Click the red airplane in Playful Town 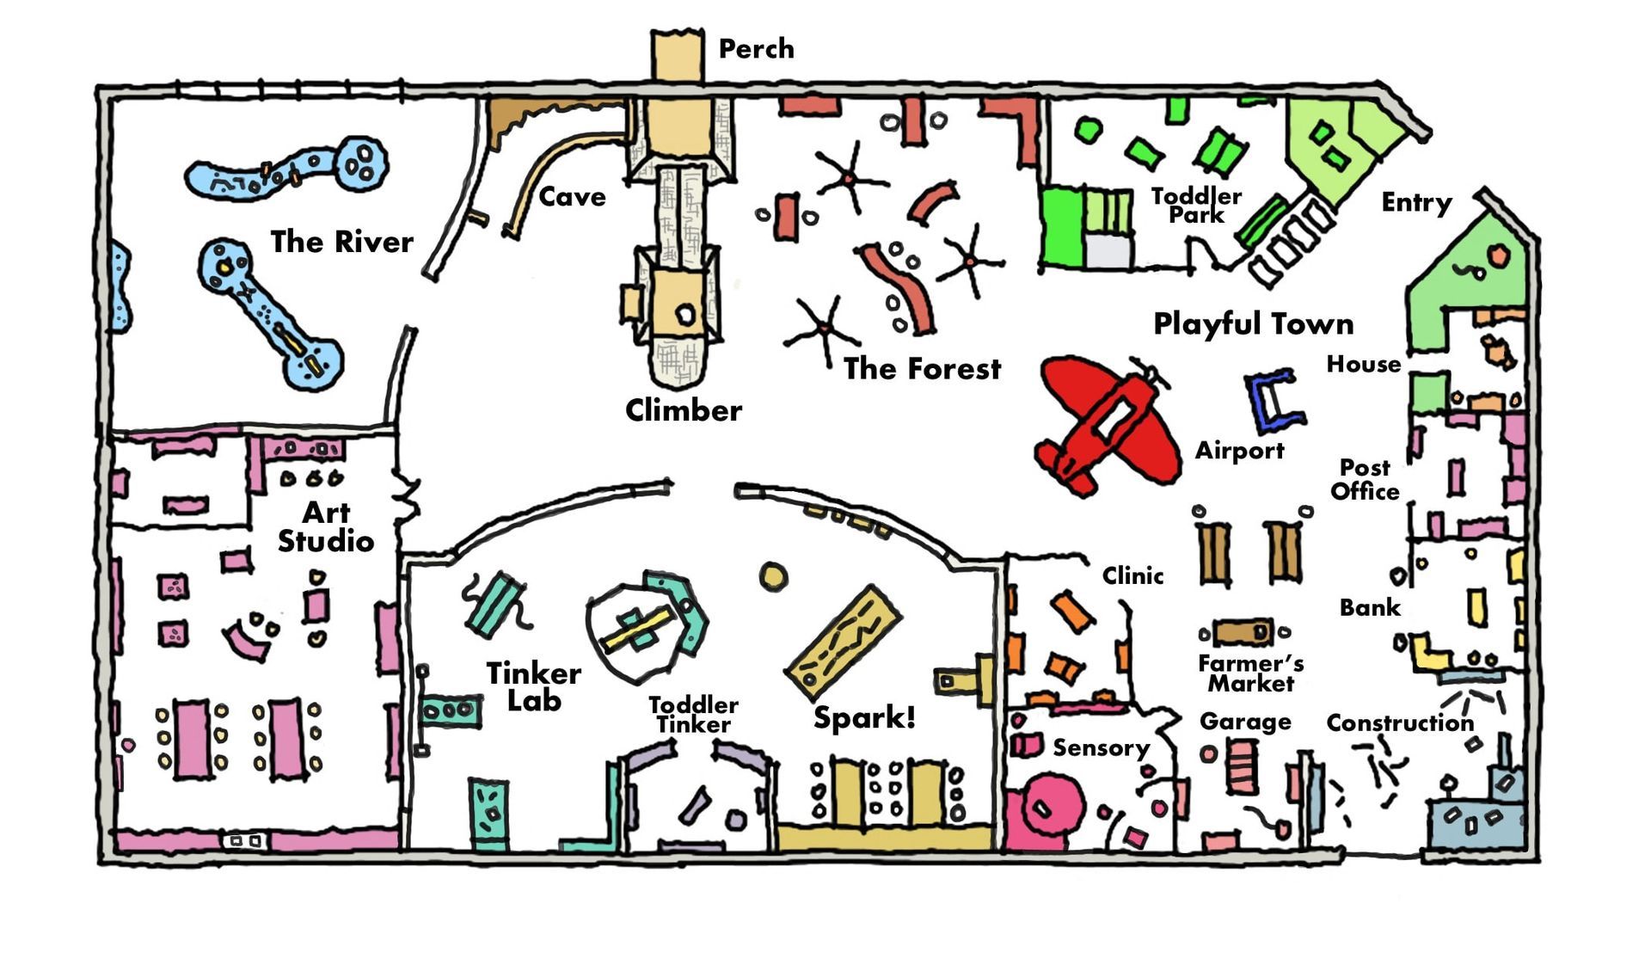click(1108, 423)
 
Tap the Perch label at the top click(756, 49)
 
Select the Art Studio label click(326, 526)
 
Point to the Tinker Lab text click(534, 686)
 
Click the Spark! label click(864, 716)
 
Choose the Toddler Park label click(1196, 206)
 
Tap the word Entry click(1416, 203)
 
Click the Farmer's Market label click(1250, 673)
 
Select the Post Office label click(1365, 479)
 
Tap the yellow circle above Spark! click(773, 576)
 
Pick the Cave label click(572, 197)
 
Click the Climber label click(684, 410)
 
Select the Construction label click(1400, 722)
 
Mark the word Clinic click(1133, 575)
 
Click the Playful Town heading click(1254, 324)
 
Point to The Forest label click(922, 369)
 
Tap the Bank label click(1370, 608)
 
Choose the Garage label click(1245, 722)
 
